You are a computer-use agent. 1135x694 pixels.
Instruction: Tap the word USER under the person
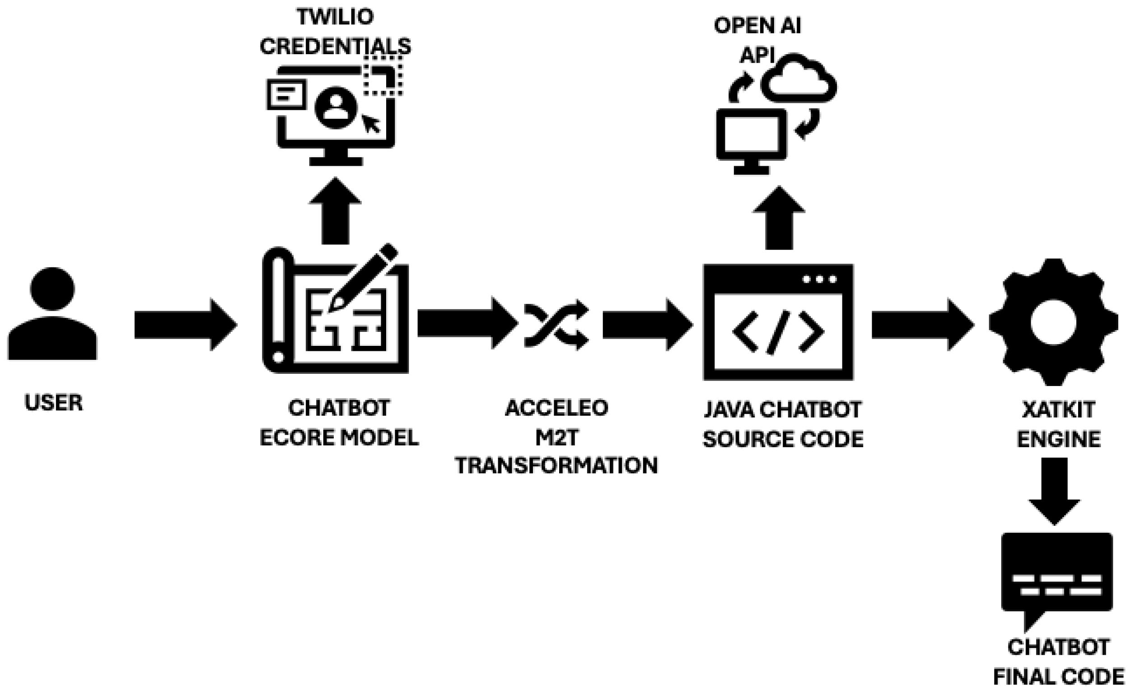coord(53,402)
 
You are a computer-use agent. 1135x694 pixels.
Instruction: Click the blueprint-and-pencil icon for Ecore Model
coord(335,311)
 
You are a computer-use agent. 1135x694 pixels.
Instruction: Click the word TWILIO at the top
coord(335,17)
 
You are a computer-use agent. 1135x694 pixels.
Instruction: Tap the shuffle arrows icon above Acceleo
coord(556,325)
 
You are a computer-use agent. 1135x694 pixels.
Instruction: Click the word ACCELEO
coord(556,408)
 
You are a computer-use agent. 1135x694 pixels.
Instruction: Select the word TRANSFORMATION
coord(556,466)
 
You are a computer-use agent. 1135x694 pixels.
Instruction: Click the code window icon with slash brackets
coord(778,322)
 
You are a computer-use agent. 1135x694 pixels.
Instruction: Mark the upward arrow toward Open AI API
coord(779,219)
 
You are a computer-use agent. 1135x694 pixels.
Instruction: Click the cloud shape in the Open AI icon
coord(799,80)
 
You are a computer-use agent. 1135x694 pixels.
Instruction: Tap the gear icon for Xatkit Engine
coord(1053,322)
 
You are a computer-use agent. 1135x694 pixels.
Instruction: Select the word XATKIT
coord(1059,410)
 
